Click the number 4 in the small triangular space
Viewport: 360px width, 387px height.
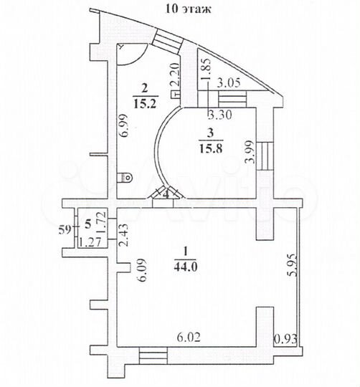[164, 193]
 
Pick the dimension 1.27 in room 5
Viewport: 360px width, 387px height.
[89, 241]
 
